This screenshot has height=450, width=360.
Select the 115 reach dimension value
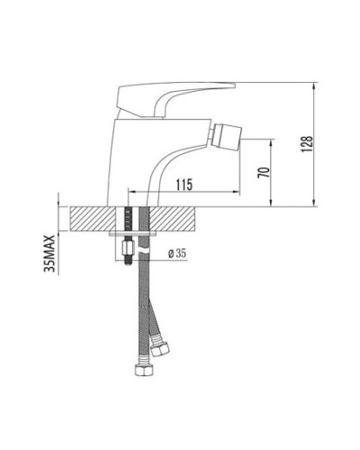pyautogui.click(x=184, y=184)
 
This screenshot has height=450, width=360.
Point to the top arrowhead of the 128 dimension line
pyautogui.click(x=314, y=88)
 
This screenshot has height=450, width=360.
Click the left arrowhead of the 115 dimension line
pyautogui.click(x=131, y=191)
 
